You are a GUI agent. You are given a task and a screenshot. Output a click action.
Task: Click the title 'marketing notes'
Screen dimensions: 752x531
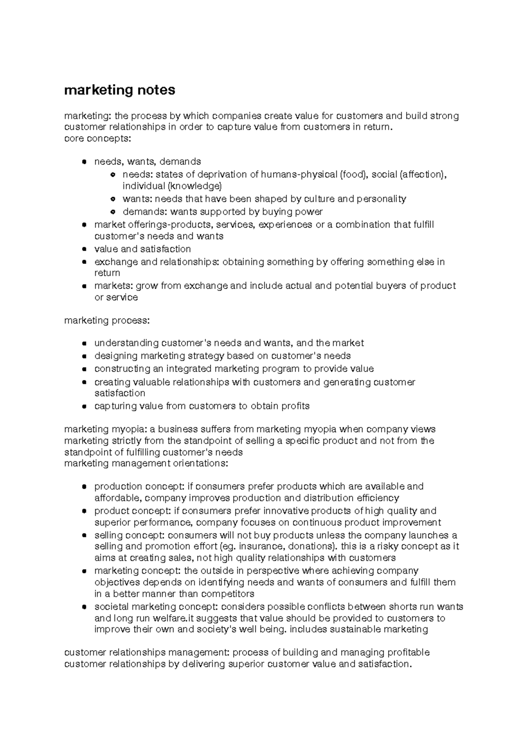coord(119,90)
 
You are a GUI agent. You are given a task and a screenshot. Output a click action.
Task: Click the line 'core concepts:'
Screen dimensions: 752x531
coord(98,139)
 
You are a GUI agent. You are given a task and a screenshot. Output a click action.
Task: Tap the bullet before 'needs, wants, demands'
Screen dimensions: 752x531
coord(83,162)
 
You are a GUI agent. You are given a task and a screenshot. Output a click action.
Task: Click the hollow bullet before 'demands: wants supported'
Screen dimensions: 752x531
coord(112,212)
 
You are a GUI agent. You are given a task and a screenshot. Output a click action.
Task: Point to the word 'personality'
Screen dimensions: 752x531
coord(381,199)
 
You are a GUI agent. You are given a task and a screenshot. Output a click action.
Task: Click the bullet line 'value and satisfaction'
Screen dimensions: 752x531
coord(142,249)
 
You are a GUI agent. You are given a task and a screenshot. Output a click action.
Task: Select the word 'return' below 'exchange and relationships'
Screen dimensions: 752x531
coord(107,273)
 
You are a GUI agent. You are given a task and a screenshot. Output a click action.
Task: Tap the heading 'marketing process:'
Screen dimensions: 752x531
coord(107,320)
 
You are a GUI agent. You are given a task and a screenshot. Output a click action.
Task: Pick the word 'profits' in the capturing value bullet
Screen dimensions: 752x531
coord(294,406)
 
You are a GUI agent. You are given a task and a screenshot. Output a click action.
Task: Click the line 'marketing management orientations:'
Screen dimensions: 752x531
coord(146,463)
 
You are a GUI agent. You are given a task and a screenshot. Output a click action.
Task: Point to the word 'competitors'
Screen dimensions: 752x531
coord(229,593)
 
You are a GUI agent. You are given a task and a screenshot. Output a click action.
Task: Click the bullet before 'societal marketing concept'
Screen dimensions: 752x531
coord(83,607)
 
